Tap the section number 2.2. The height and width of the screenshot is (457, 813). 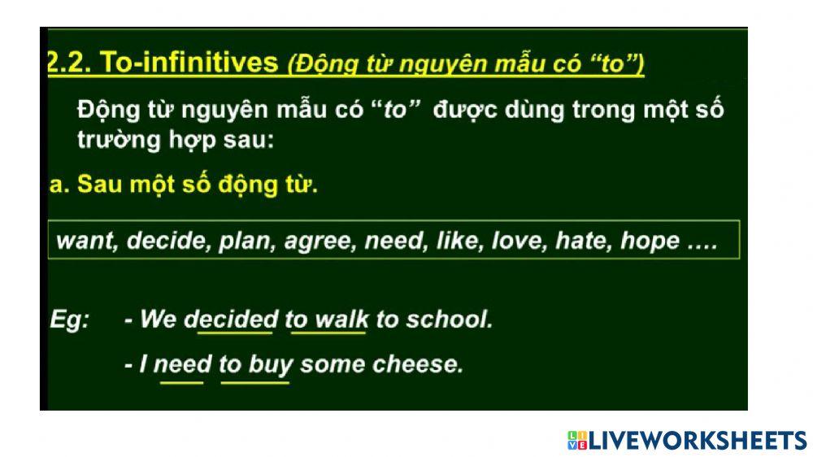pyautogui.click(x=68, y=64)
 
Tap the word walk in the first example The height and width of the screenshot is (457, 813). pyautogui.click(x=341, y=319)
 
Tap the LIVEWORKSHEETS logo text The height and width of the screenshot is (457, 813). pyautogui.click(x=696, y=440)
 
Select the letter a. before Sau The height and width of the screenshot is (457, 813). pyautogui.click(x=58, y=185)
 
